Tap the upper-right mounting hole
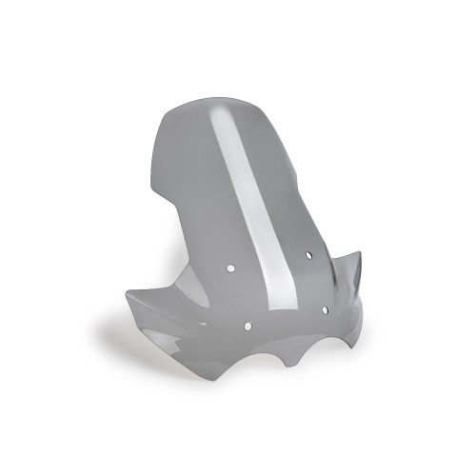tap(309, 255)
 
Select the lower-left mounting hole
tap(248, 326)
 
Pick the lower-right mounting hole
tap(325, 310)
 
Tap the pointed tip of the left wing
tap(127, 292)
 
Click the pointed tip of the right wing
tap(361, 252)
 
